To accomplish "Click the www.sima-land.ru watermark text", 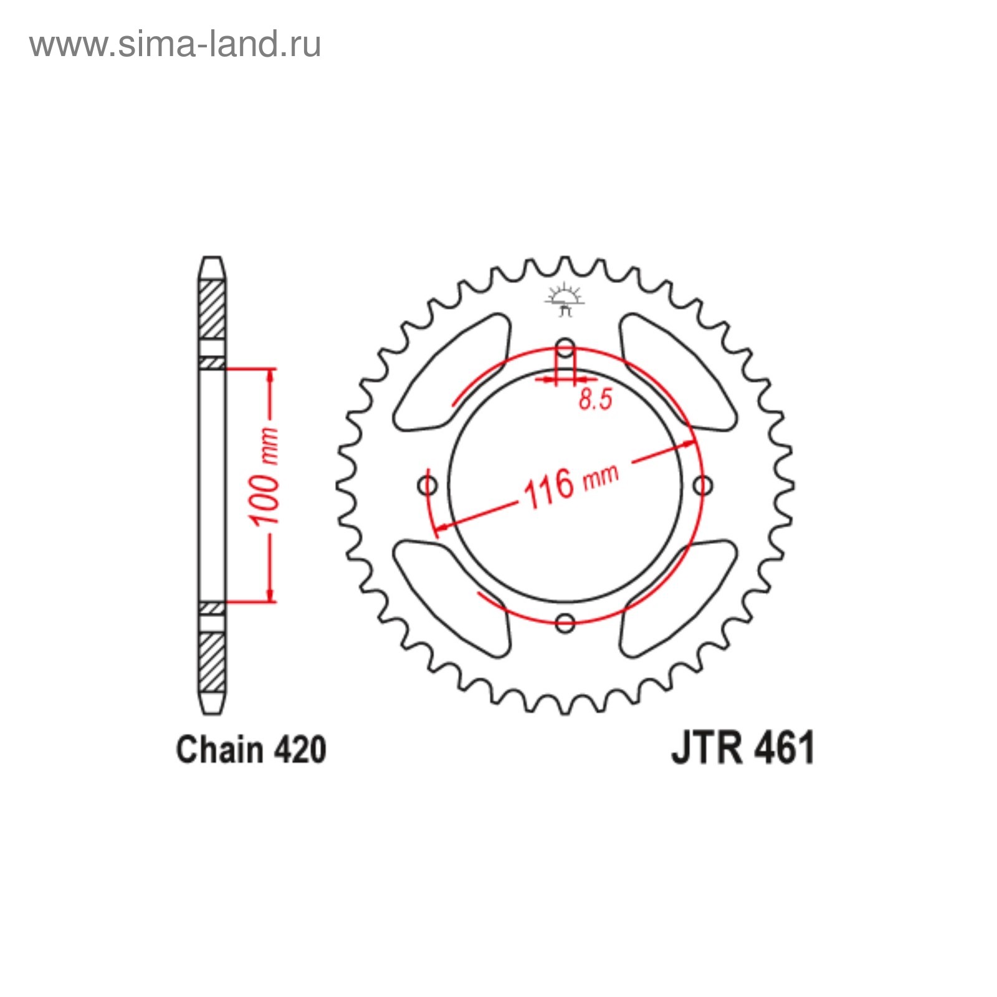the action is [x=175, y=44].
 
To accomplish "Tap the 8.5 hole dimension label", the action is [x=596, y=399].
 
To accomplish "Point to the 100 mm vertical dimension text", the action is [x=264, y=477].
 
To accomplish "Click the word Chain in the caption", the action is [x=219, y=750].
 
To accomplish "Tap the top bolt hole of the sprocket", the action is [x=565, y=348].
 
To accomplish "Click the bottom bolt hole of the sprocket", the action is [x=565, y=623].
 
